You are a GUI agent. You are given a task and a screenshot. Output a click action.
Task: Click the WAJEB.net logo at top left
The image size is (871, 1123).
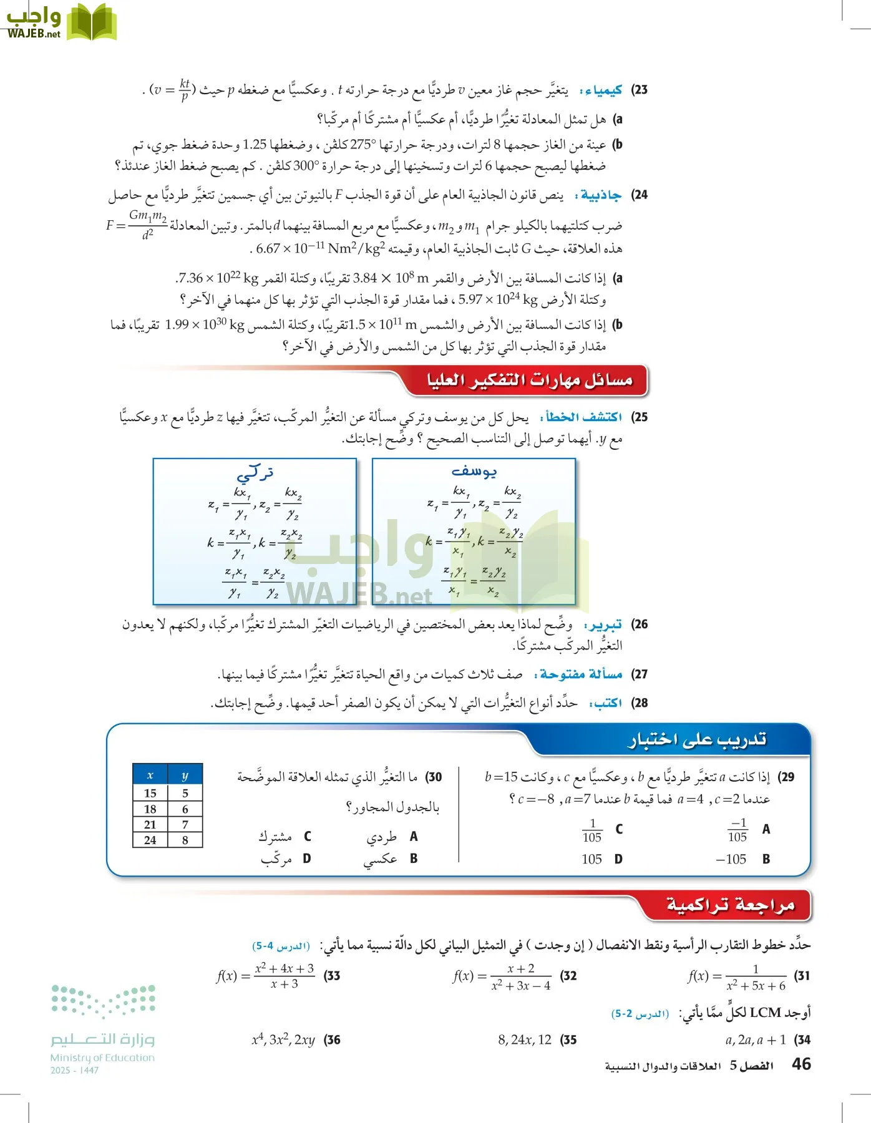tap(59, 22)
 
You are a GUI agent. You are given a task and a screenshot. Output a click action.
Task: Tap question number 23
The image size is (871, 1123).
tap(640, 90)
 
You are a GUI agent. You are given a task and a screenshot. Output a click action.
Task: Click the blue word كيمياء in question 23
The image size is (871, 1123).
tap(601, 90)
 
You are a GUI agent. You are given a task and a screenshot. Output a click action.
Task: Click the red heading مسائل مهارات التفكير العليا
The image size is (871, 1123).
tap(529, 380)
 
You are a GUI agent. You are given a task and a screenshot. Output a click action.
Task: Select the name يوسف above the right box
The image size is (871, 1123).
tap(474, 472)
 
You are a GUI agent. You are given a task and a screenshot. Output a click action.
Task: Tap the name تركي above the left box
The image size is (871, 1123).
tap(255, 472)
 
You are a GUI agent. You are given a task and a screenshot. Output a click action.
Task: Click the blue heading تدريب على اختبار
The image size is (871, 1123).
tap(696, 740)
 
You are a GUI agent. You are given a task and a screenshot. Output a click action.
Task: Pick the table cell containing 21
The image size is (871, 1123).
tap(150, 825)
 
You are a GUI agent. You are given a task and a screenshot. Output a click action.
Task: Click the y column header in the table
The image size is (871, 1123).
tap(185, 775)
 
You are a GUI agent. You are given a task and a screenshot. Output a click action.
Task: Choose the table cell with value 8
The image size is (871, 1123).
tap(185, 840)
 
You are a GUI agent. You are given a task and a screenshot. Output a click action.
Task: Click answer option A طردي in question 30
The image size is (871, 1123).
tap(391, 837)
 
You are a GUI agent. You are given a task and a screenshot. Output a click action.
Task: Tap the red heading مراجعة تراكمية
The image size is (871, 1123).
tap(730, 905)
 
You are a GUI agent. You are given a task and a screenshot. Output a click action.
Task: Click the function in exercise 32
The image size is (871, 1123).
tap(502, 976)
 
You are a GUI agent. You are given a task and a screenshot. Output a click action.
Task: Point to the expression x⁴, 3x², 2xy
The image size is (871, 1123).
tap(283, 1040)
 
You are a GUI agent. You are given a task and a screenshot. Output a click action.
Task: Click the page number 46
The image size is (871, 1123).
tap(801, 1064)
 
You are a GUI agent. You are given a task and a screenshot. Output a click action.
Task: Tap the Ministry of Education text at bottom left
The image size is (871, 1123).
tap(102, 1057)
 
